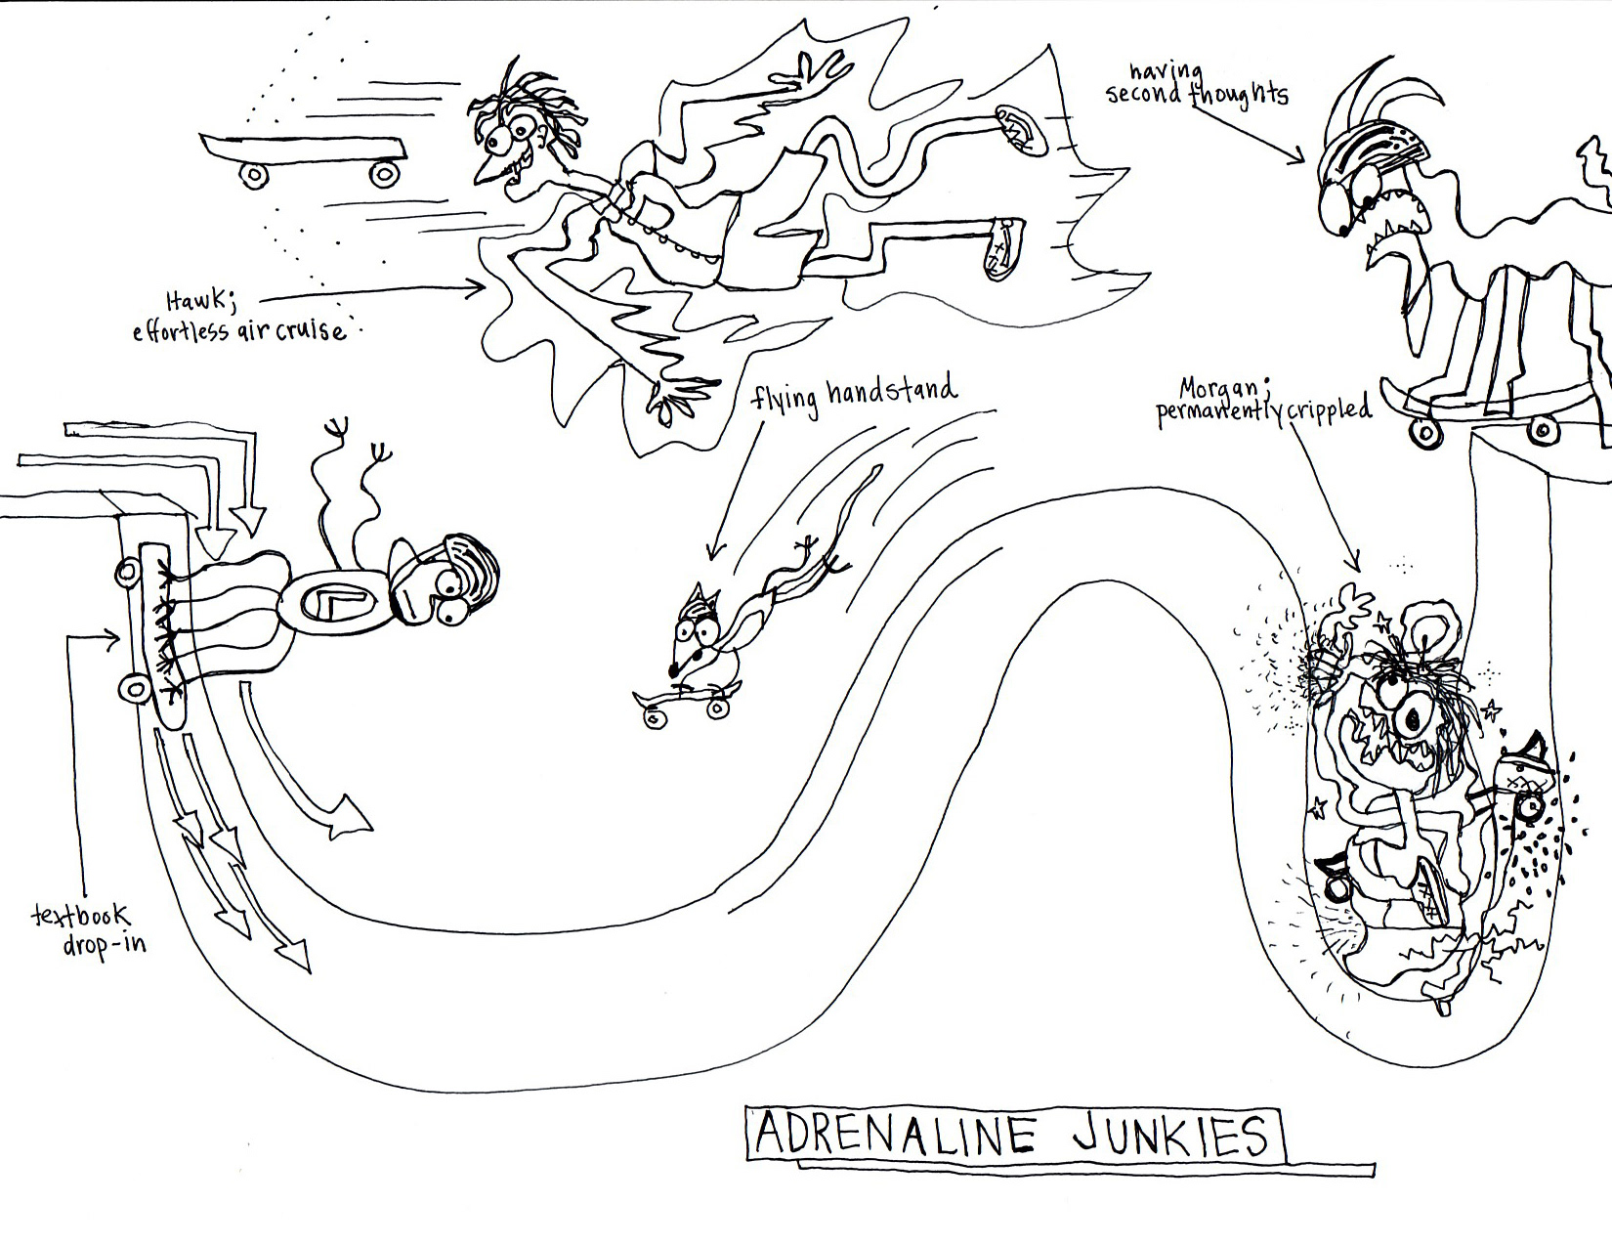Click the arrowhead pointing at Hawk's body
pyautogui.click(x=478, y=287)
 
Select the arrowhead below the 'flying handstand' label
pyautogui.click(x=713, y=553)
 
